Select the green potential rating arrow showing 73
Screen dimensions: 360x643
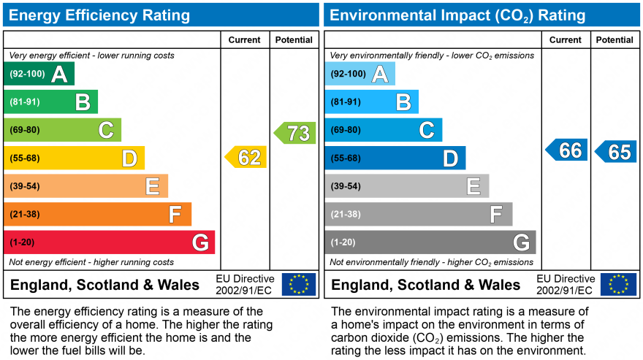pos(295,133)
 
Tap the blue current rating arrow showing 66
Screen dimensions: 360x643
pos(567,150)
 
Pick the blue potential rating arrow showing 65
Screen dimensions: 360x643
pos(616,152)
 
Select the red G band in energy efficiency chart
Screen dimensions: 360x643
pos(110,242)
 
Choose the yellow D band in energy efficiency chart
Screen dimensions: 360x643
pos(74,158)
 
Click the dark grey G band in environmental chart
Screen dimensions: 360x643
pos(430,242)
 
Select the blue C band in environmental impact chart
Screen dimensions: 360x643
pos(384,130)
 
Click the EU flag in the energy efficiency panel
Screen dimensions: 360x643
pos(299,284)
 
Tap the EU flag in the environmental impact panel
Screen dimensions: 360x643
pos(618,284)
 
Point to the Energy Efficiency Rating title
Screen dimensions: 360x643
pos(100,15)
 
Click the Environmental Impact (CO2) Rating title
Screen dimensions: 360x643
pos(457,15)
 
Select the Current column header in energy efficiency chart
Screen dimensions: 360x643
pos(245,40)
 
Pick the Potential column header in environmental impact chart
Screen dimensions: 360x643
pos(615,40)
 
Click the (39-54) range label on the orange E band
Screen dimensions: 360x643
pos(24,186)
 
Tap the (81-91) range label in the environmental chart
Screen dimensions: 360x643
pos(346,102)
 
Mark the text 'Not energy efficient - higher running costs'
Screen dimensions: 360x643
pos(91,262)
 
